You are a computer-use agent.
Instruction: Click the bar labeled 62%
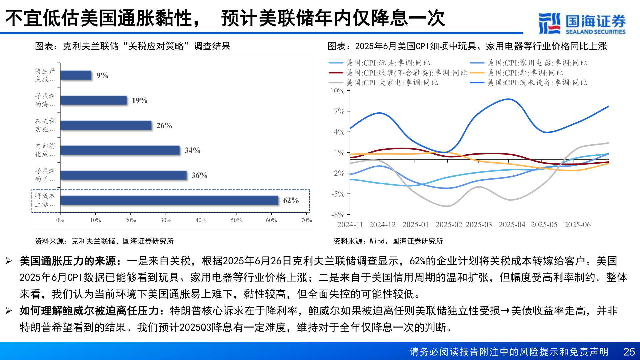[x=169, y=200]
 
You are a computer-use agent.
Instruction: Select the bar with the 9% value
[x=76, y=75]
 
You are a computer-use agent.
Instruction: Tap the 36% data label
[x=199, y=175]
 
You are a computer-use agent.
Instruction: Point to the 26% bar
[x=106, y=125]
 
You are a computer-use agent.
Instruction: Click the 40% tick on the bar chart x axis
[x=201, y=220]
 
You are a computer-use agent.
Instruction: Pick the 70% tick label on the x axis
[x=306, y=220]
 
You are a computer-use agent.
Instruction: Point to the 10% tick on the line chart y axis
[x=337, y=91]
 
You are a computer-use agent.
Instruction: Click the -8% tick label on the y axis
[x=338, y=214]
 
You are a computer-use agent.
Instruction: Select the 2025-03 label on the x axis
[x=478, y=225]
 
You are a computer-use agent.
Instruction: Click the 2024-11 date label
[x=350, y=225]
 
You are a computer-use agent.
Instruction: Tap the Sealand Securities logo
[x=582, y=23]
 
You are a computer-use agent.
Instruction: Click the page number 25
[x=629, y=352]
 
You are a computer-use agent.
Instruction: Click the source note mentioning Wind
[x=388, y=241]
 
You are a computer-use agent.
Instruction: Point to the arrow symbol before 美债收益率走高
[x=505, y=311]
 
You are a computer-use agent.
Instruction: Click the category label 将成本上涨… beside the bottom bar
[x=45, y=200]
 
